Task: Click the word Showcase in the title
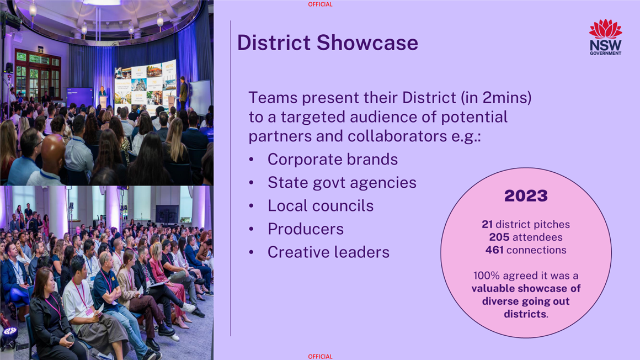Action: tap(367, 43)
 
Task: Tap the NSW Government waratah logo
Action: tap(605, 37)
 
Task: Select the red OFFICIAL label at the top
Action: tap(320, 4)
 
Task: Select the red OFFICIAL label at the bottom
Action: tap(320, 356)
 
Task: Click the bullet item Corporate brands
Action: tap(333, 160)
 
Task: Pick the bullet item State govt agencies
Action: tap(342, 183)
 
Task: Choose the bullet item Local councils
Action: tap(321, 205)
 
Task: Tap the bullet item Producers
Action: tap(306, 229)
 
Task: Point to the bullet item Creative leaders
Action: tap(329, 252)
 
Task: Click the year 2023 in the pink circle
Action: tap(526, 195)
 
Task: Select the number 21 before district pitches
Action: tap(487, 224)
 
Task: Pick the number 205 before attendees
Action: tap(499, 237)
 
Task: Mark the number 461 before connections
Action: tap(494, 250)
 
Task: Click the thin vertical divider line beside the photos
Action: tap(231, 178)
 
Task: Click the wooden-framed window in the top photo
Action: tap(38, 75)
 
